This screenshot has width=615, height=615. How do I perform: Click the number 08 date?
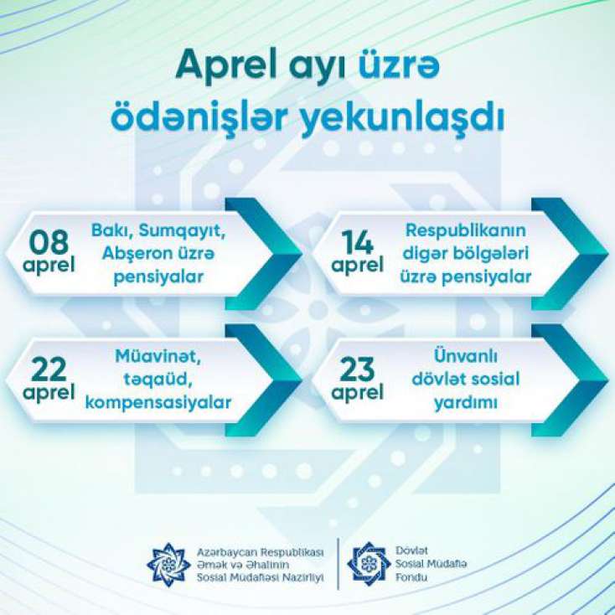pos(49,242)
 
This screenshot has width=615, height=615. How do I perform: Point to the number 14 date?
pos(357,242)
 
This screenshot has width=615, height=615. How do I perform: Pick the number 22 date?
pos(49,369)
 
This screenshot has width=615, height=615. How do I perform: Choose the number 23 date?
pos(357,369)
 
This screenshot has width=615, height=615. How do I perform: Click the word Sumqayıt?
pos(183,231)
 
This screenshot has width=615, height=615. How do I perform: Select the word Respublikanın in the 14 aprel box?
pos(466,231)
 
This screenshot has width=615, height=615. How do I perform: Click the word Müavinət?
pos(158,357)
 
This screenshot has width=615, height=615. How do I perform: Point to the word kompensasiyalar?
pos(158,403)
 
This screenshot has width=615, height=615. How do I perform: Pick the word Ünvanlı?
pos(466,356)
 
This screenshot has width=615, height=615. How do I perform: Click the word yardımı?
pos(466,404)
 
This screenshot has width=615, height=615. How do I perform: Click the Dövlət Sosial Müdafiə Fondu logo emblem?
pos(369,564)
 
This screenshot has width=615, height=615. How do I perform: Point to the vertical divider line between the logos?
pos(339,564)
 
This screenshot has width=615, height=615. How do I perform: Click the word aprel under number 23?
pos(357,392)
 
